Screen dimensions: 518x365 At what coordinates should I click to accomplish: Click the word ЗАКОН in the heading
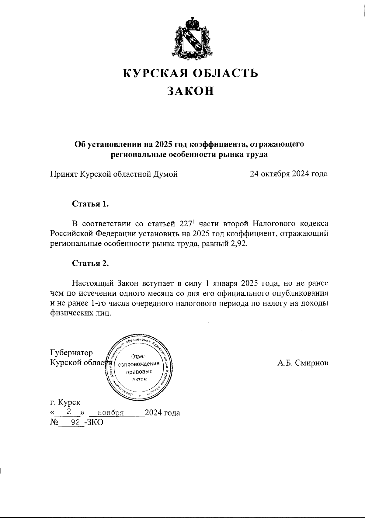click(x=191, y=91)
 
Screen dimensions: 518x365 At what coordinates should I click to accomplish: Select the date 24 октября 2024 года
click(x=288, y=174)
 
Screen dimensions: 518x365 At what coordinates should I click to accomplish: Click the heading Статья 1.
click(x=90, y=204)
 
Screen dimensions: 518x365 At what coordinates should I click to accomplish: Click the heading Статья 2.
click(x=90, y=263)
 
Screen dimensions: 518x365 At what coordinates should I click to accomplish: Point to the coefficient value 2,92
click(x=239, y=244)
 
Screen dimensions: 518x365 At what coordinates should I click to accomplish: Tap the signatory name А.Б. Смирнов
click(x=303, y=363)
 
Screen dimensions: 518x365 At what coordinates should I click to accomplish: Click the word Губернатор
click(x=71, y=353)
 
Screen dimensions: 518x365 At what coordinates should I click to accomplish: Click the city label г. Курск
click(x=65, y=402)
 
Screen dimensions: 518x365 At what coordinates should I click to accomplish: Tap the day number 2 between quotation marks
click(x=69, y=412)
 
